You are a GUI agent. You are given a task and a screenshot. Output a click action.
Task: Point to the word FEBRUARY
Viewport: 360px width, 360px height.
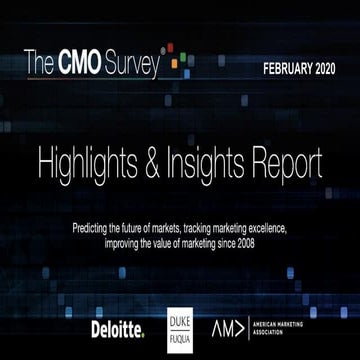click(283, 70)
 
